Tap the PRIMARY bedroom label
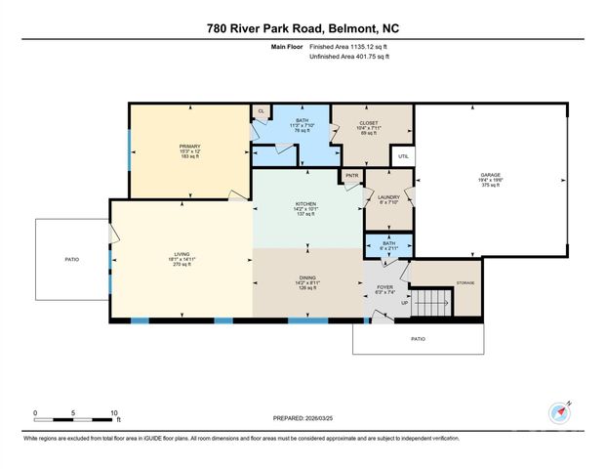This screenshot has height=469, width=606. tap(189, 146)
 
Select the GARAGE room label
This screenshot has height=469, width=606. tap(489, 175)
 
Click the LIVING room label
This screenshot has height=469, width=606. tap(182, 253)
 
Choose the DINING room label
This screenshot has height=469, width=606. tap(307, 277)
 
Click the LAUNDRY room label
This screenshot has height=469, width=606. tap(388, 197)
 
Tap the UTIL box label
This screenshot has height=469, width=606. tap(403, 156)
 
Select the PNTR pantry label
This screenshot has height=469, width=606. tap(352, 176)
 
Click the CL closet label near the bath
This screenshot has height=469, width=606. tap(261, 111)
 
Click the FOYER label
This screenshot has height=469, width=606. tap(384, 287)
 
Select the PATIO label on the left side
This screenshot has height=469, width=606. tap(72, 259)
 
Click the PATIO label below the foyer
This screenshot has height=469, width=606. tap(418, 338)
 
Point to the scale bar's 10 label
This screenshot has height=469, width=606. tap(114, 412)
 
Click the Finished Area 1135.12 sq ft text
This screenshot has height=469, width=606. tap(349, 47)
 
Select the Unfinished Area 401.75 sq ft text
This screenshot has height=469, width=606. tap(349, 58)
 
